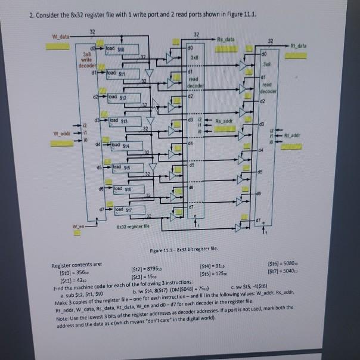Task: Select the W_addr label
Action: click(60, 132)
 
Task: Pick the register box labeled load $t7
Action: click(124, 209)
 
